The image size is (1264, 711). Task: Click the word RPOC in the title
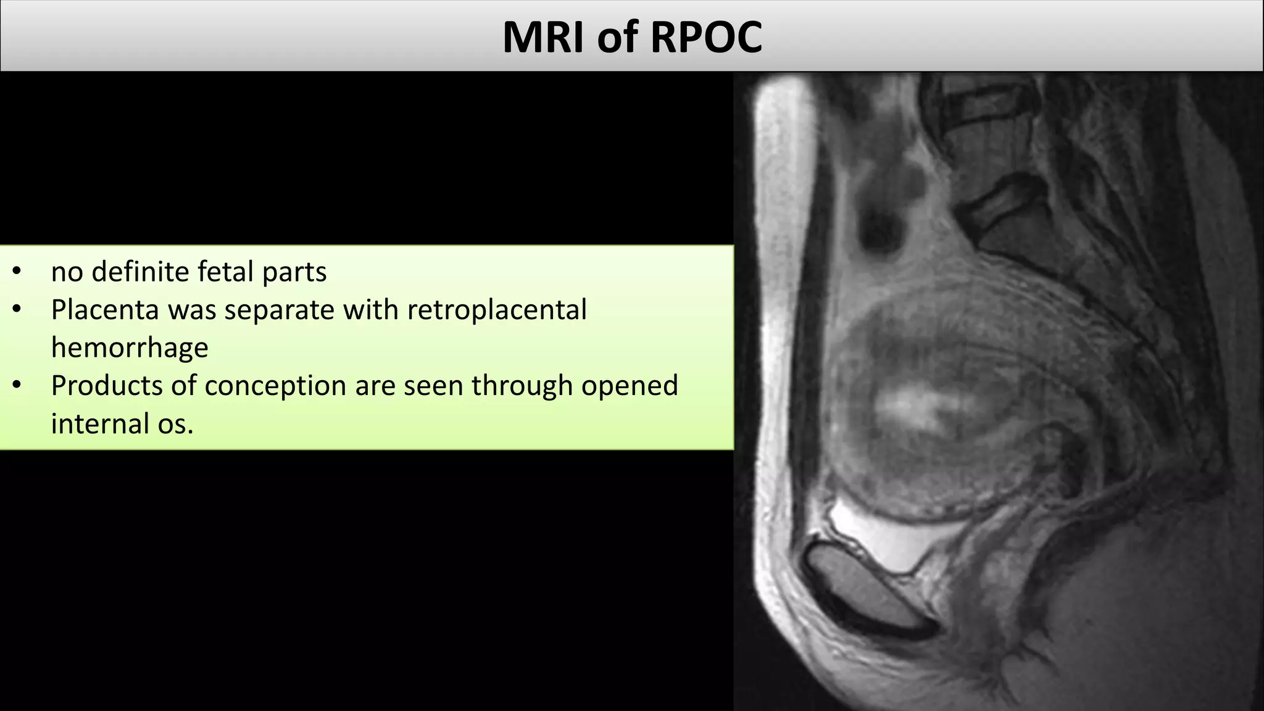tap(706, 38)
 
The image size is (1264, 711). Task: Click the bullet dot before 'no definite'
tap(17, 272)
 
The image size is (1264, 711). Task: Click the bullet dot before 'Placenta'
tap(17, 310)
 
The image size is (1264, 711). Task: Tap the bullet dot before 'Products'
tap(17, 386)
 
